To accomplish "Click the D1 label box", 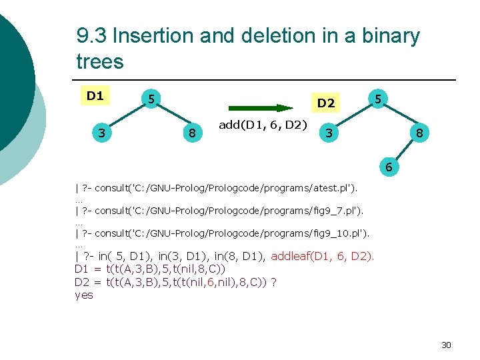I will (x=95, y=95).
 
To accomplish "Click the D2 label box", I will (x=326, y=103).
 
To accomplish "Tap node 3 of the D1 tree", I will (x=101, y=133).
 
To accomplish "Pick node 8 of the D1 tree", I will (x=192, y=134).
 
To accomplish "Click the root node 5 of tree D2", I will (x=377, y=99).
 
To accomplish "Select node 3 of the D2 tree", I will (x=328, y=133).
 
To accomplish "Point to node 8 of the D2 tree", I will (x=419, y=134).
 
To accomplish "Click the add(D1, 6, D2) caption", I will (x=263, y=125).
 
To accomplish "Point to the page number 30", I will (x=446, y=345).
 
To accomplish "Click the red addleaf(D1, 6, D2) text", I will (x=323, y=255).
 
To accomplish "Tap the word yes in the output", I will (x=85, y=295).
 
